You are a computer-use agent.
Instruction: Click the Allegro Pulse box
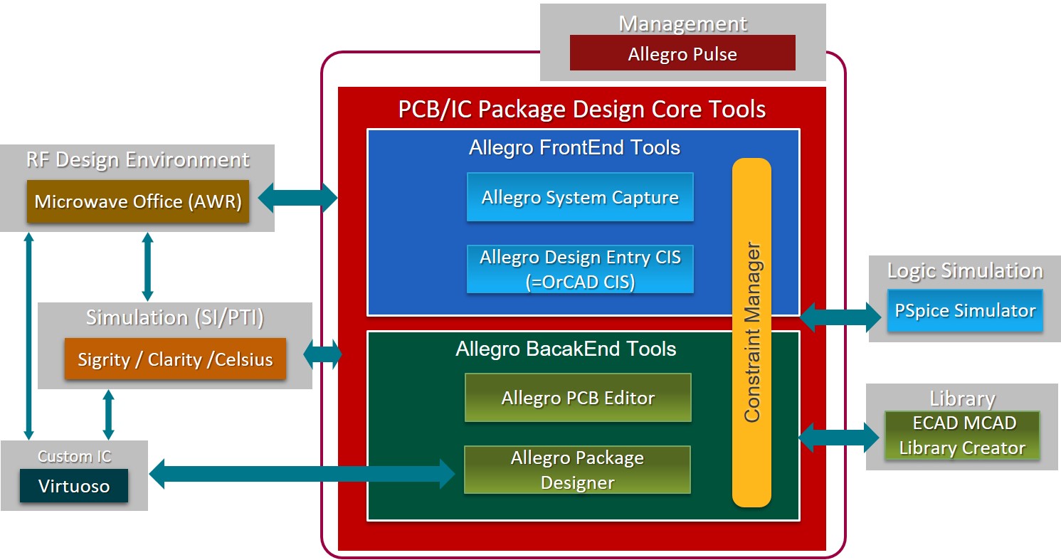682,54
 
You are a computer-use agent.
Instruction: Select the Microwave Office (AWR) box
138,201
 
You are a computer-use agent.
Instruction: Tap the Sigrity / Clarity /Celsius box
175,359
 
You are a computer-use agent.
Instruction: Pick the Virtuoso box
74,487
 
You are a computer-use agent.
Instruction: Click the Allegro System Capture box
580,197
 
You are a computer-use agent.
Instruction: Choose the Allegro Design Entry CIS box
580,269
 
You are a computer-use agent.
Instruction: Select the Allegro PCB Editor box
578,398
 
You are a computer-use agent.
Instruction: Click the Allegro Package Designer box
577,470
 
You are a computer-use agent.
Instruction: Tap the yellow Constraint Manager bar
751,332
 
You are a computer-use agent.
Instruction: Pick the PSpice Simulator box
965,310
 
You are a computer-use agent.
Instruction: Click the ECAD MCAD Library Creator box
962,435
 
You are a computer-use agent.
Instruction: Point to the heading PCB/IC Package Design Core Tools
581,109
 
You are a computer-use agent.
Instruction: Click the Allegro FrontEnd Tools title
574,147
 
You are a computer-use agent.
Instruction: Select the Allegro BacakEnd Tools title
566,349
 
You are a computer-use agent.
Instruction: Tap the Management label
682,23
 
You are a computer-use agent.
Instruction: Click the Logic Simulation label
964,270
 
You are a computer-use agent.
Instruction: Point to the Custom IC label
74,456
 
